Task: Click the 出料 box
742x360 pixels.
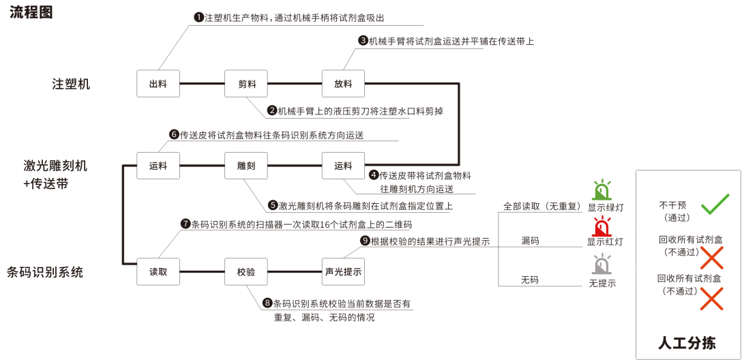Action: tap(158, 84)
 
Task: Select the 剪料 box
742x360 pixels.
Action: tap(246, 84)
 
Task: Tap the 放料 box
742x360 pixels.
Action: tap(343, 84)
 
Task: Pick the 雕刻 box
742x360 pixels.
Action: tap(246, 166)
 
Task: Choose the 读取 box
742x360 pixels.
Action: tap(158, 271)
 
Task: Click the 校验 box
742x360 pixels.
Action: tap(246, 271)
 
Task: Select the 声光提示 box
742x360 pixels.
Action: tap(343, 271)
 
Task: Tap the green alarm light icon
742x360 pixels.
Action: tap(602, 190)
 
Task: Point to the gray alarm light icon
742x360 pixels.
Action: tap(602, 264)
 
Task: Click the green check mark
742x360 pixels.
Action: tap(715, 204)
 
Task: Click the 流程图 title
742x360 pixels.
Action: tap(31, 13)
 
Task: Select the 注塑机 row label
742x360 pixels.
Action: tap(71, 85)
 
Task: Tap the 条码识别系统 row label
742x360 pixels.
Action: tap(45, 272)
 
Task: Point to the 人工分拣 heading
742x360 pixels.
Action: tap(688, 342)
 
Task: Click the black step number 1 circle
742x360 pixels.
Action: tap(199, 17)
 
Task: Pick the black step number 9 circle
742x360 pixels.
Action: tap(365, 240)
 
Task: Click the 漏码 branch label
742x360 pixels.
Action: tap(530, 241)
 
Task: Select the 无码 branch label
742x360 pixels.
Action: tap(530, 280)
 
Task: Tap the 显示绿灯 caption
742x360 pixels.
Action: tap(606, 207)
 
